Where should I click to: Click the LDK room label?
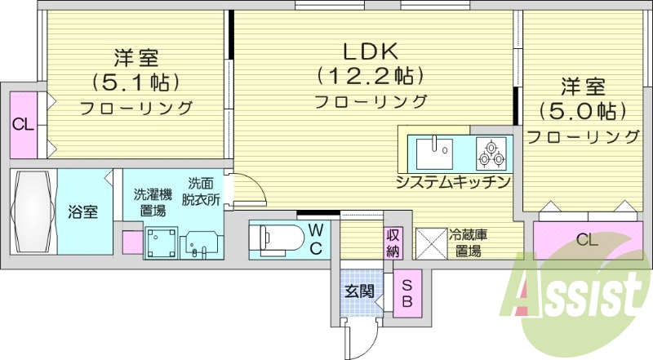click(x=370, y=51)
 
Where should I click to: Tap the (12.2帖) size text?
click(x=370, y=77)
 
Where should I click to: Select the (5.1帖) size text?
click(x=135, y=82)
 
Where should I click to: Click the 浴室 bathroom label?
click(x=82, y=212)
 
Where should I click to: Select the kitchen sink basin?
click(x=435, y=151)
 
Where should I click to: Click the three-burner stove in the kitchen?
click(x=492, y=152)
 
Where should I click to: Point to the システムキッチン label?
click(x=453, y=181)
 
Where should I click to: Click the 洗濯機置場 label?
click(x=153, y=202)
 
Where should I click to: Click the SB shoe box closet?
click(x=406, y=294)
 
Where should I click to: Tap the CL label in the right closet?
click(x=584, y=240)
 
